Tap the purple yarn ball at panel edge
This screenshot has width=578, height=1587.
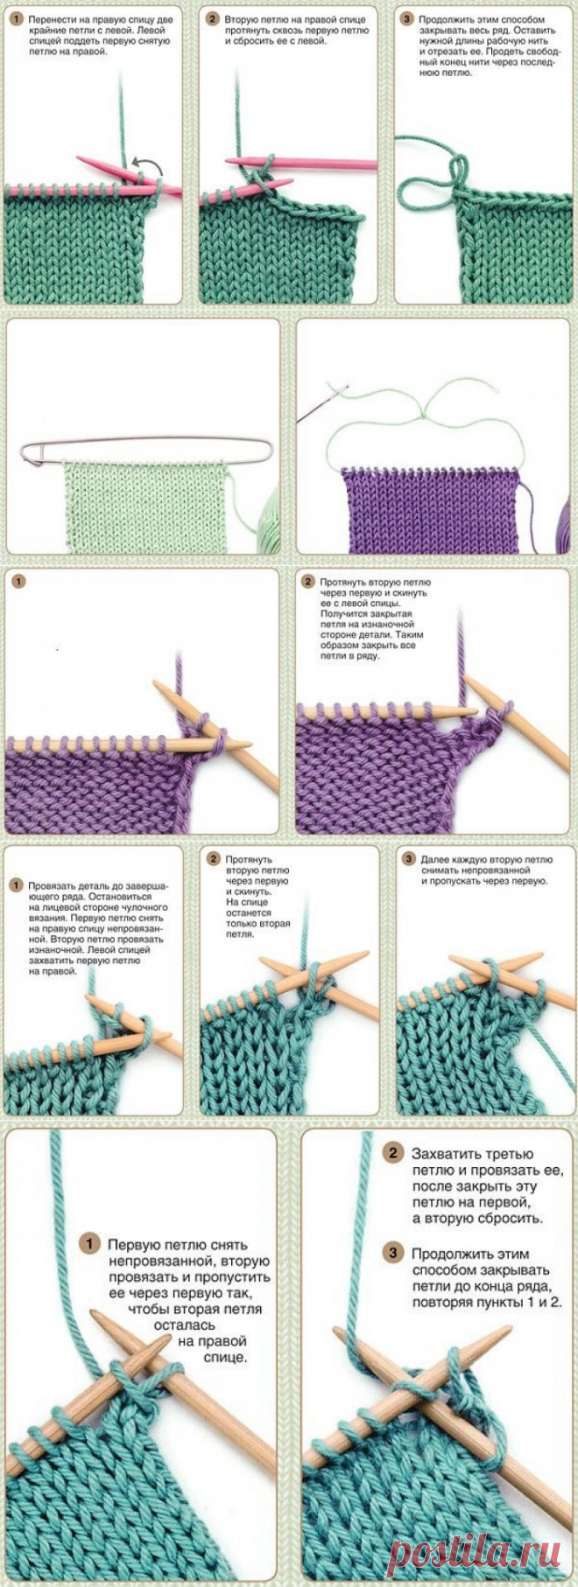[563, 522]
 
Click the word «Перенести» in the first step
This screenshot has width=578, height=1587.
[51, 19]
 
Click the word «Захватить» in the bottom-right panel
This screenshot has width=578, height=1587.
[446, 1154]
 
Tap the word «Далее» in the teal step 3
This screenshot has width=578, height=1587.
[433, 860]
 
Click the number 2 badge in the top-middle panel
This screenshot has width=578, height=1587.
[213, 19]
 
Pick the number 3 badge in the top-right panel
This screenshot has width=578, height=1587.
[406, 19]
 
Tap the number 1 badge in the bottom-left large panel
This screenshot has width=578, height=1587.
[88, 1243]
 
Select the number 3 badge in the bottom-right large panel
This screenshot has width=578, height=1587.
[394, 1254]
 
